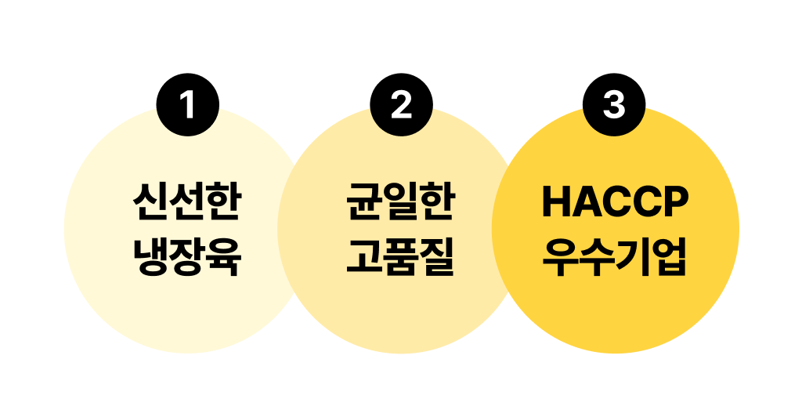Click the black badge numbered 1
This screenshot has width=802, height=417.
pyautogui.click(x=188, y=105)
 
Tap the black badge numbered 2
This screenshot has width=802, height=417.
pyautogui.click(x=401, y=105)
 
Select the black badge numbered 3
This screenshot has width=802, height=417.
pyautogui.click(x=614, y=105)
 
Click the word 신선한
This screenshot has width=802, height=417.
pyautogui.click(x=187, y=201)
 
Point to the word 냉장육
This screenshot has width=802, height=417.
pyautogui.click(x=187, y=257)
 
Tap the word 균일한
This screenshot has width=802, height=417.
pyautogui.click(x=400, y=201)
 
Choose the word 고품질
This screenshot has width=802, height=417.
pyautogui.click(x=400, y=257)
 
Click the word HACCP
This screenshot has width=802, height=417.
pyautogui.click(x=616, y=201)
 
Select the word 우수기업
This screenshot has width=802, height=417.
pyautogui.click(x=614, y=257)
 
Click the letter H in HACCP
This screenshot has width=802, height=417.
pyautogui.click(x=557, y=201)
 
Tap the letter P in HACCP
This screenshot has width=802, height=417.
pyautogui.click(x=677, y=201)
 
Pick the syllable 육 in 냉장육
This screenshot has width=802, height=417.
pyautogui.click(x=224, y=257)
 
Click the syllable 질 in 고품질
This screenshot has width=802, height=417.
pyautogui.click(x=437, y=257)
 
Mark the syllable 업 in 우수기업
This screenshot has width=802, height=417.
pyautogui.click(x=669, y=257)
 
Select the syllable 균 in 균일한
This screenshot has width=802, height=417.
pyautogui.click(x=363, y=201)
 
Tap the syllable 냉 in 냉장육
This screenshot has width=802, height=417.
pyautogui.click(x=151, y=257)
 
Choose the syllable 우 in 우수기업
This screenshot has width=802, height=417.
pyautogui.click(x=560, y=257)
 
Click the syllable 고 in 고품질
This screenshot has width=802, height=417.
pyautogui.click(x=363, y=257)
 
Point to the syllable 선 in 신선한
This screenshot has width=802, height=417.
pyautogui.click(x=187, y=201)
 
